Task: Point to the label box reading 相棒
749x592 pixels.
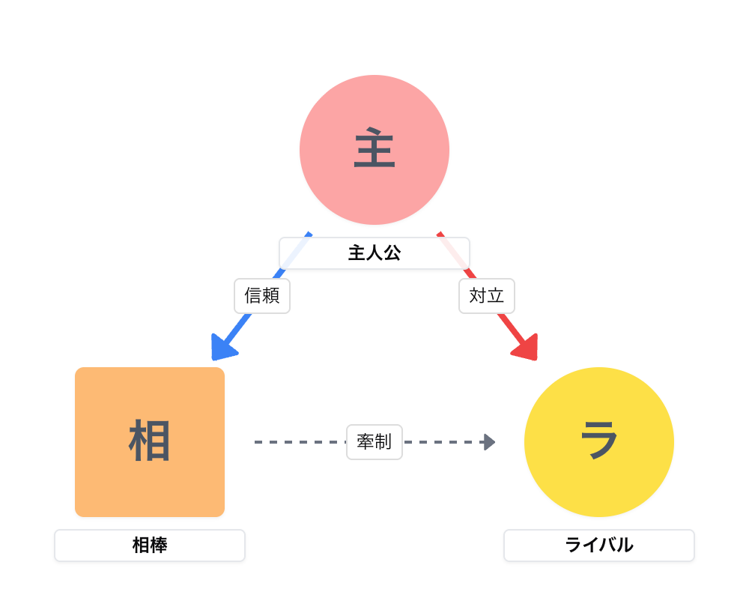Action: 150,546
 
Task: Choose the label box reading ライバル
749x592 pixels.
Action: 599,546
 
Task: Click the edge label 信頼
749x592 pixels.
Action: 262,296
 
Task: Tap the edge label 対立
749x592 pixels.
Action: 487,296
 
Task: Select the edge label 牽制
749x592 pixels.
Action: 374,442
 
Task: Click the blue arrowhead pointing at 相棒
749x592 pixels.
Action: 222,348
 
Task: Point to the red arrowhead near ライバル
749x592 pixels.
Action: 527,348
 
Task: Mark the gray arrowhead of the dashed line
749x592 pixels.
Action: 490,442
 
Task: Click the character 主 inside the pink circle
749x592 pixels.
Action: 374,150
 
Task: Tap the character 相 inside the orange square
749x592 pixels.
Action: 150,441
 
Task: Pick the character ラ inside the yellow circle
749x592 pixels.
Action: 599,440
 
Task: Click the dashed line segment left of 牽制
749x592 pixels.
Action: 300,442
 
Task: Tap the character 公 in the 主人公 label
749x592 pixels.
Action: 392,253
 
